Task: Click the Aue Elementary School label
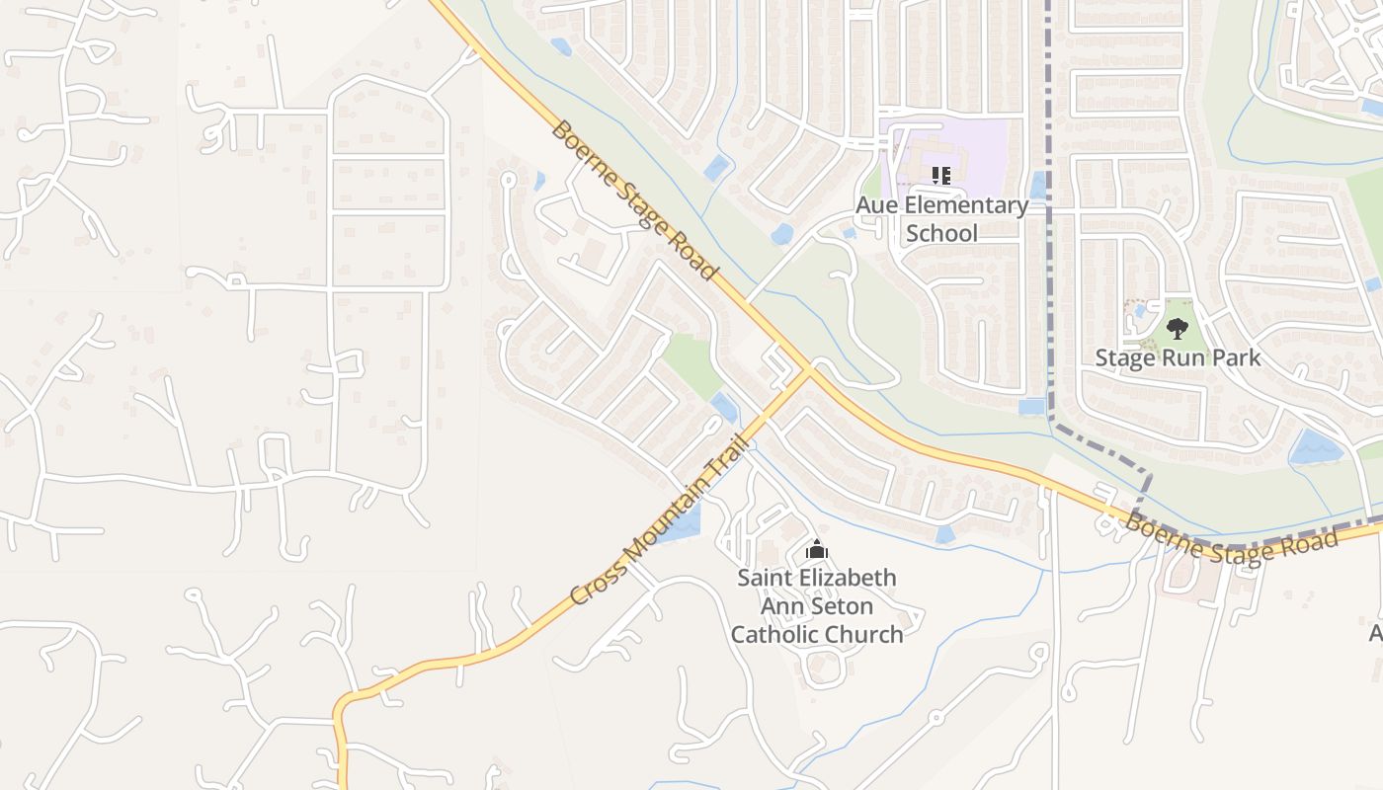point(941,219)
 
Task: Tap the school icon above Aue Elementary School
point(941,177)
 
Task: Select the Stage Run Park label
point(1178,357)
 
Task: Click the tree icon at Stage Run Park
point(1177,328)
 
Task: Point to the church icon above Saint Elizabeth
point(816,550)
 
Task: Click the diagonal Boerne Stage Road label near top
point(632,199)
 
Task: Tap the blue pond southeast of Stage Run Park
point(1315,447)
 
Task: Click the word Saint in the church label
point(768,578)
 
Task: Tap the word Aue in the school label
point(876,205)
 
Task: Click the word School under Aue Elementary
point(941,234)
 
